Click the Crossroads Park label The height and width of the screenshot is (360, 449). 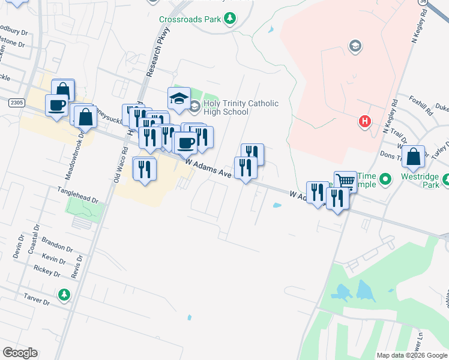tap(190, 19)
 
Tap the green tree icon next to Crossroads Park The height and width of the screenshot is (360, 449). tap(229, 19)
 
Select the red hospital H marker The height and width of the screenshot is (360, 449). tap(364, 122)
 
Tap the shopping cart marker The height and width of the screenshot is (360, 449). tap(345, 181)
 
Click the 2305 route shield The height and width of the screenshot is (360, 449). tap(16, 103)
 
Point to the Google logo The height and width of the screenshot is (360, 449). tap(20, 353)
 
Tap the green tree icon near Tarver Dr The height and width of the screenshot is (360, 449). tap(64, 295)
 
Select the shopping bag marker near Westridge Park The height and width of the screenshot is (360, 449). tap(414, 157)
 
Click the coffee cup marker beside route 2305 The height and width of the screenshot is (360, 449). tap(57, 104)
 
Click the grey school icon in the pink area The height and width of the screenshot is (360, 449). tap(355, 46)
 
